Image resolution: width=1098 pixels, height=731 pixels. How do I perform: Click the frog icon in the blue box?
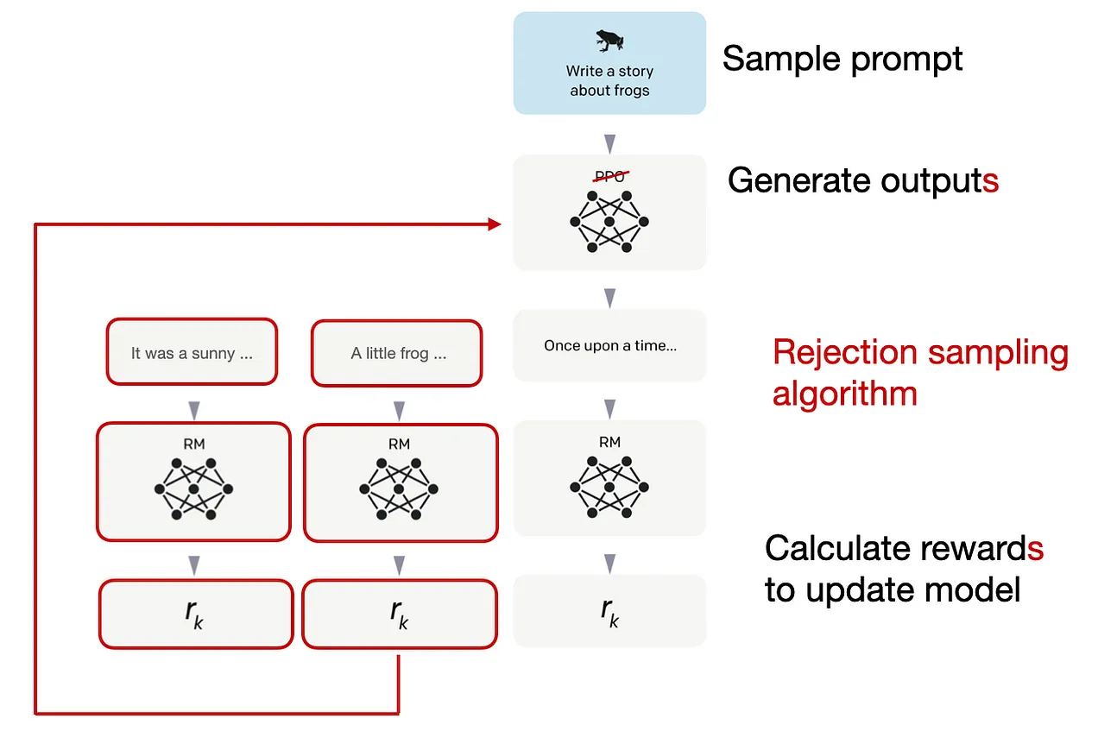pos(609,41)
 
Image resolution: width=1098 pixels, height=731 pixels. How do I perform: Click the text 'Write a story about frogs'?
pos(609,81)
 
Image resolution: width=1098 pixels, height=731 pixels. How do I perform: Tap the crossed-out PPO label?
pos(610,176)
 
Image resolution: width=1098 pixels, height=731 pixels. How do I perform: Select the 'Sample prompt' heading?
pos(842,60)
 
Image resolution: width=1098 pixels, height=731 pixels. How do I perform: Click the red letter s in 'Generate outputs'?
pos(990,181)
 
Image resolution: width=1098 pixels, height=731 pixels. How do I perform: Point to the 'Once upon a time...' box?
pos(609,345)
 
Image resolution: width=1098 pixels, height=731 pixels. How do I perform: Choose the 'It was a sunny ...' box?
pos(192,352)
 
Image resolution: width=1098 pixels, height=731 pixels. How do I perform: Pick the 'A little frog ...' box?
pos(397,353)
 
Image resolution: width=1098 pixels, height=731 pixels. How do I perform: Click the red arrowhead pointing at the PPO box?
pos(495,224)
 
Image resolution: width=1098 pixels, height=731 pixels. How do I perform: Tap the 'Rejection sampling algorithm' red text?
pos(920,372)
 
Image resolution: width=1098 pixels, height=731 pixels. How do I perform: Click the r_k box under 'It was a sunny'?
pos(196,614)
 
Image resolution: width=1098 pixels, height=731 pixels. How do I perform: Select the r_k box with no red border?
pos(609,611)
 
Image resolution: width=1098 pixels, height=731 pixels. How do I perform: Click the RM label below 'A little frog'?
pos(399,444)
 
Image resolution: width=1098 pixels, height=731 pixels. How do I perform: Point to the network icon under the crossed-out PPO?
pos(609,222)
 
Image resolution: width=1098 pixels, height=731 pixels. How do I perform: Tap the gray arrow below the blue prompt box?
pos(609,143)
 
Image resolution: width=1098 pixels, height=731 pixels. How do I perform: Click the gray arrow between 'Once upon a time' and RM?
pos(609,409)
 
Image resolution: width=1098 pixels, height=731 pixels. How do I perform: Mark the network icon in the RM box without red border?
pos(609,487)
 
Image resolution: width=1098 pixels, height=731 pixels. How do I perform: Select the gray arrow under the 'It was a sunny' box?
pos(194,411)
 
